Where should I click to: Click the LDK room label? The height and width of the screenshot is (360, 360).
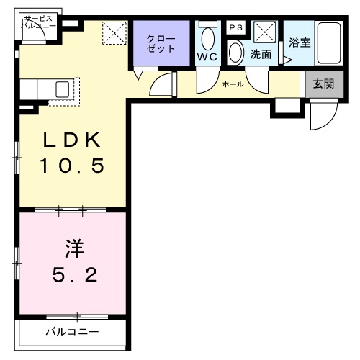[72, 140]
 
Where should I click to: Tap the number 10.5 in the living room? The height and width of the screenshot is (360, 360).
[72, 166]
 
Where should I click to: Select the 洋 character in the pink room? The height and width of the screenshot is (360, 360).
[73, 250]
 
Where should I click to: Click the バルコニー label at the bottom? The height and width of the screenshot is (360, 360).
[72, 332]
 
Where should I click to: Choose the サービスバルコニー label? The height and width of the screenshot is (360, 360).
[37, 21]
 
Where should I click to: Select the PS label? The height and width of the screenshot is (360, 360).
[235, 27]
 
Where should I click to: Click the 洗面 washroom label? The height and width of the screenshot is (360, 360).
[260, 54]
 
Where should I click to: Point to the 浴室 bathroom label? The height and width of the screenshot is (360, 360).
[300, 42]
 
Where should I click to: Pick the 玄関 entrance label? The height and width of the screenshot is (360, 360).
[323, 84]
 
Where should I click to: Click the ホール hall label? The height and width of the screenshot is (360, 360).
[233, 84]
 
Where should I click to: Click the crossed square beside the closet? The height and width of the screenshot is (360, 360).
[112, 32]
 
